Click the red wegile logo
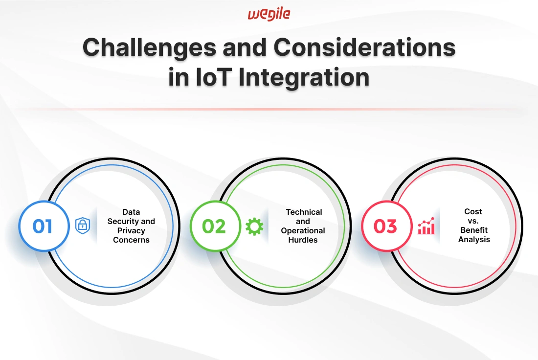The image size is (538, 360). (x=269, y=14)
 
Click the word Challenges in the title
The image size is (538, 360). (x=149, y=48)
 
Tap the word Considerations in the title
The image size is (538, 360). (x=364, y=47)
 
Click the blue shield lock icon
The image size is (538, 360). (x=83, y=225)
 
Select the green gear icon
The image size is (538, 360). (x=255, y=226)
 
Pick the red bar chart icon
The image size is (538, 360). (x=426, y=226)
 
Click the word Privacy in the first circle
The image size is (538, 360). (x=131, y=231)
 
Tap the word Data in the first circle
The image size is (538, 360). (x=131, y=212)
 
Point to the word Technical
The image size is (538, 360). (x=304, y=212)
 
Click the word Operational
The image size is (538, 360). (x=303, y=231)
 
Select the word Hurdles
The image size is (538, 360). (x=303, y=240)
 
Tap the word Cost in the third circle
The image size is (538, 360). (x=473, y=212)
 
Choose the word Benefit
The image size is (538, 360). (x=474, y=230)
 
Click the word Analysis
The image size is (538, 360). (x=474, y=240)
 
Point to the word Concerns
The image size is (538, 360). (x=132, y=240)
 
